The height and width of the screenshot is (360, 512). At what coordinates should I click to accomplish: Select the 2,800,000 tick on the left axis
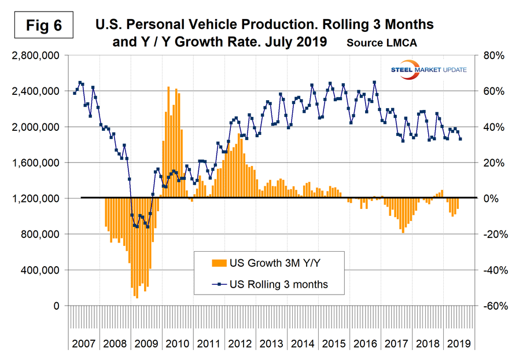coord(34,56)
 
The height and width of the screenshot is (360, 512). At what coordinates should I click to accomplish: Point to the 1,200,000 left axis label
coord(34,199)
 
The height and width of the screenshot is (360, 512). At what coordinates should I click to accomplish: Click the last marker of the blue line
coord(461,138)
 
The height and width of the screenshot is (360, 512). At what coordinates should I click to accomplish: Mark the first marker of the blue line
coord(74,93)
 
